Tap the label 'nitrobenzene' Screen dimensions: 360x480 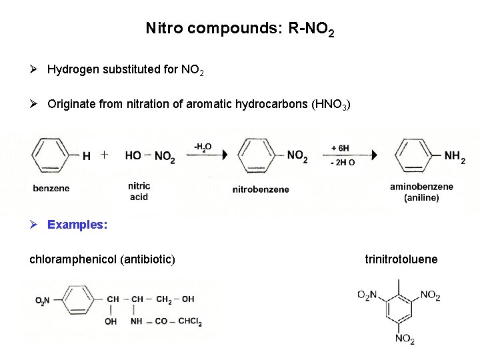click(261, 189)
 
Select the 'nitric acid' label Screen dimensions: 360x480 click(139, 191)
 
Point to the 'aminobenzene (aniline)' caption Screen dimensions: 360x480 click(421, 192)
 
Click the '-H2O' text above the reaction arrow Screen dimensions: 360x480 click(203, 146)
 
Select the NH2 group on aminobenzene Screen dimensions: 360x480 click(454, 157)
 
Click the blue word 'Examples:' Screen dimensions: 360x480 click(77, 225)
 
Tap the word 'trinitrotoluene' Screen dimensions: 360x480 click(401, 259)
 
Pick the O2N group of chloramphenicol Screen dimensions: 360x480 click(43, 301)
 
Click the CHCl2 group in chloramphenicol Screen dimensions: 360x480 click(190, 322)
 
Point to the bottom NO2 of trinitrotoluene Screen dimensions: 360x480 click(405, 339)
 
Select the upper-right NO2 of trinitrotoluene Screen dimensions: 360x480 click(430, 295)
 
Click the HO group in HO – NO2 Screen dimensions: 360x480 click(133, 155)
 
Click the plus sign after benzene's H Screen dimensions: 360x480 click(104, 155)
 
